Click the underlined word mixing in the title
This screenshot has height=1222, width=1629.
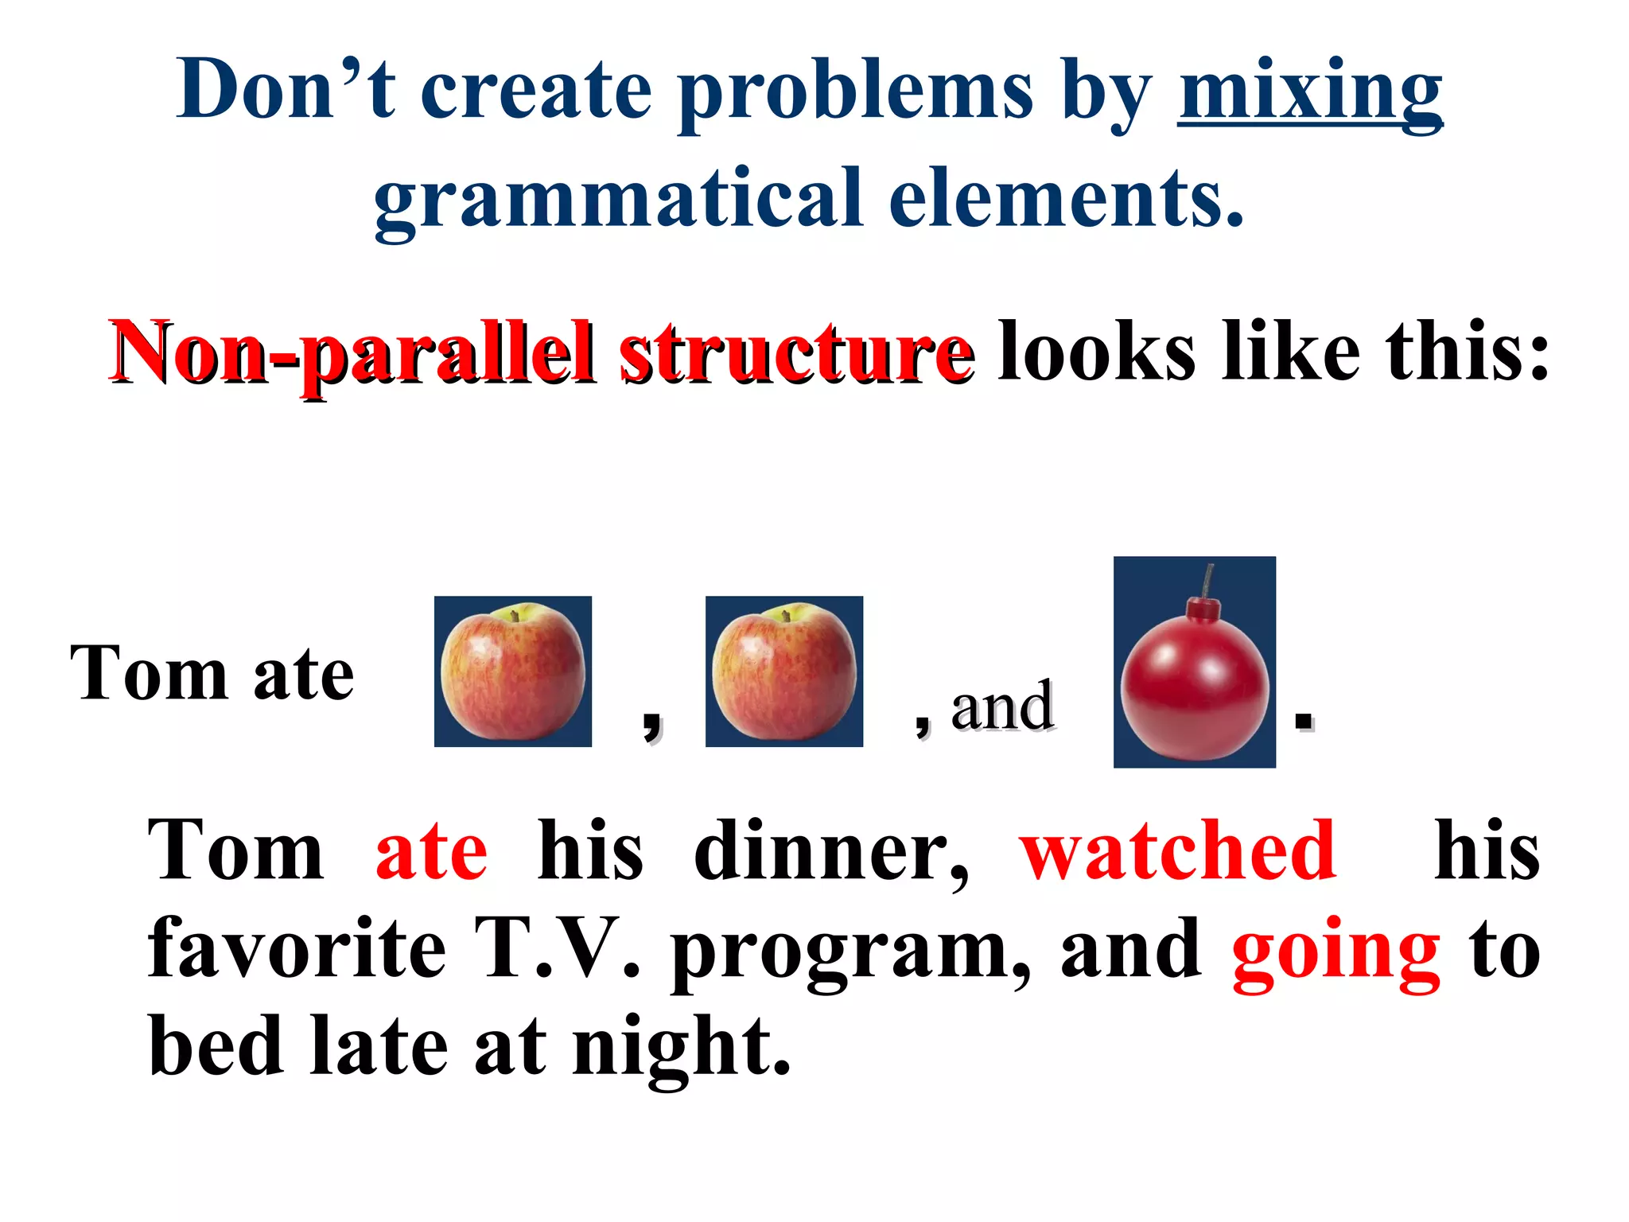(1310, 94)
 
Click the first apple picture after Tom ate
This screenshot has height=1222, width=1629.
(513, 671)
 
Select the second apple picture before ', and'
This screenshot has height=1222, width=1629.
(784, 671)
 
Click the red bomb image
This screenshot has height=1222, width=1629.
(1194, 676)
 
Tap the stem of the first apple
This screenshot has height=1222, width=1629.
(515, 615)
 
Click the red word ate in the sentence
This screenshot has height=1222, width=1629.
(431, 851)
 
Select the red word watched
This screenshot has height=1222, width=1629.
(1178, 851)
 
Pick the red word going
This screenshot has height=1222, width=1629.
(1335, 951)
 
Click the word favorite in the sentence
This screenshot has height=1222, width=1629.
(297, 949)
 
